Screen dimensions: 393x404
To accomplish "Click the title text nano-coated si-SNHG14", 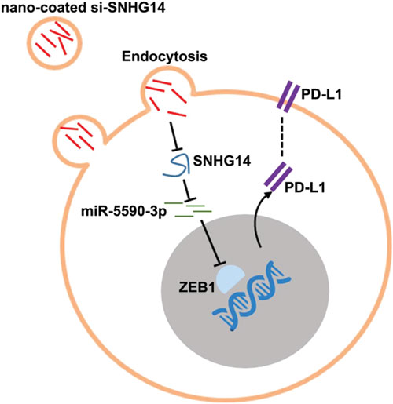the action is coord(83,8).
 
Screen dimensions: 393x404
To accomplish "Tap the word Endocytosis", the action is coord(164,56).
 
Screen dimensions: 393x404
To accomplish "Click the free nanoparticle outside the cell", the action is coord(54,42).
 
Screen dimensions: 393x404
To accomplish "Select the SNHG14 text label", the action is coord(222,161).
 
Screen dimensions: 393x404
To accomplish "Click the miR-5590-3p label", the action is coord(123,212).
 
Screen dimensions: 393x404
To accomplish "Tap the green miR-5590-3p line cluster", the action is coord(188,209).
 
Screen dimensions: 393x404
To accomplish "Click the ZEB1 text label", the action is coord(196,288).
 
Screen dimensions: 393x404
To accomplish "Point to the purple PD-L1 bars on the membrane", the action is coord(288,97).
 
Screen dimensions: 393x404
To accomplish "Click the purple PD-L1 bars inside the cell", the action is coord(278,177).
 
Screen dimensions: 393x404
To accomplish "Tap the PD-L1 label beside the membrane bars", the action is coord(321,95).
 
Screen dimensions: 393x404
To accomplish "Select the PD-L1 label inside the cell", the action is coord(305,187).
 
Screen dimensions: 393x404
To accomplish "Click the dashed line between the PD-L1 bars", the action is coord(281,136).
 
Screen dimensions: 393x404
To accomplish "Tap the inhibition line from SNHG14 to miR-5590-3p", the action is coord(188,191).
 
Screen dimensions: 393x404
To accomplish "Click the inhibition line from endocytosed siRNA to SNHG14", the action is coord(174,136).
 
